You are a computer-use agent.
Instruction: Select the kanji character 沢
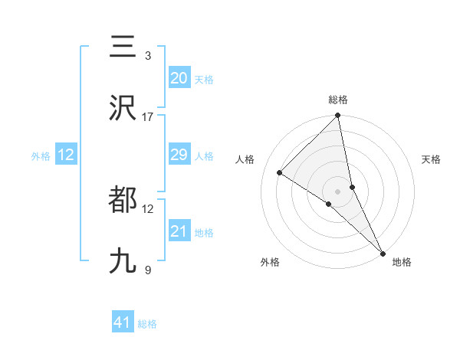[123, 108]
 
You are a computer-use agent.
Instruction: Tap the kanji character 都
[123, 200]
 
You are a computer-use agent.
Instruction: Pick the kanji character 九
[123, 261]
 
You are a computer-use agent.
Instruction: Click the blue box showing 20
[179, 78]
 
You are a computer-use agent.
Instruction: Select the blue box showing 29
[179, 155]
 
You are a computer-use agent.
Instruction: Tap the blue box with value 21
[179, 231]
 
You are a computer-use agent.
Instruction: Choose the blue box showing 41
[123, 323]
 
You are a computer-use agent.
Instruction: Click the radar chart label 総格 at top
[338, 100]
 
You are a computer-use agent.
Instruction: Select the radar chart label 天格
[432, 159]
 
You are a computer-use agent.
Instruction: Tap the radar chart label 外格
[270, 262]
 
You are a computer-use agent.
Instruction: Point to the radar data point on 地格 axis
[383, 253]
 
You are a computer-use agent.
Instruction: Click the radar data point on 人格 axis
[280, 172]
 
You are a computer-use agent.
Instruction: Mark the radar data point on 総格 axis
[338, 116]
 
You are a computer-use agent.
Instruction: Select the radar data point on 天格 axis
[353, 187]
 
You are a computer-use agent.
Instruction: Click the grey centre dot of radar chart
[338, 191]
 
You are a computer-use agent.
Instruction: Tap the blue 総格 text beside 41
[147, 324]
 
